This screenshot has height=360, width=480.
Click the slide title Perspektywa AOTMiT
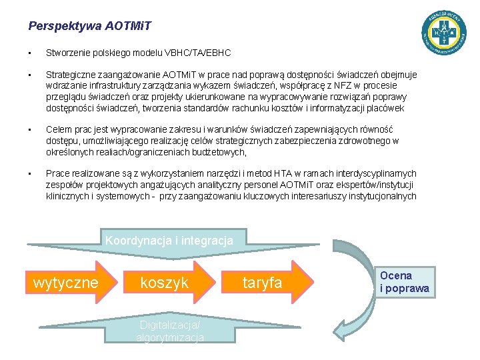point(90,27)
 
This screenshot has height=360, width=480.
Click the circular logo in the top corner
point(443,32)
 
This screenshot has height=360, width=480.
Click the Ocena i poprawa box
point(405,282)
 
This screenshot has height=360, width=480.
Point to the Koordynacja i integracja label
point(169,240)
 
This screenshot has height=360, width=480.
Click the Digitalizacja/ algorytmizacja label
point(170,331)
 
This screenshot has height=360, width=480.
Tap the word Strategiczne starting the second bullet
point(70,74)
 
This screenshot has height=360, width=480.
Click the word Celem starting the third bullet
point(57,129)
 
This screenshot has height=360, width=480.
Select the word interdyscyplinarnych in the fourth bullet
point(373,173)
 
